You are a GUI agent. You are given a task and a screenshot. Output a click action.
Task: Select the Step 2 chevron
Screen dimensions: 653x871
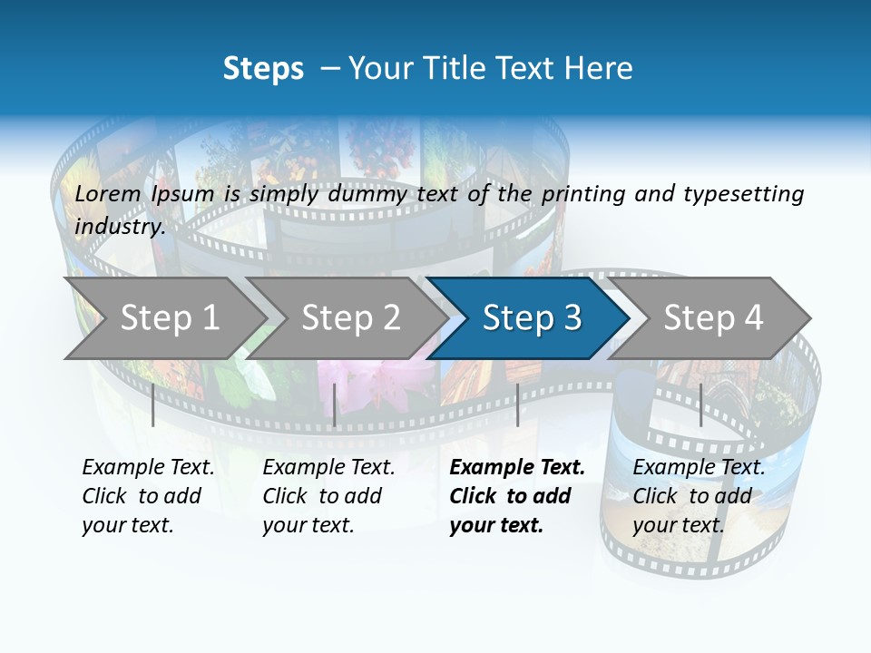(x=350, y=317)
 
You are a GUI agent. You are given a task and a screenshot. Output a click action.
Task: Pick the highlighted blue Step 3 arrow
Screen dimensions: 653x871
(x=532, y=317)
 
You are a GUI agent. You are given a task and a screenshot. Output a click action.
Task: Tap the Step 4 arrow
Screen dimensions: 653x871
(x=713, y=317)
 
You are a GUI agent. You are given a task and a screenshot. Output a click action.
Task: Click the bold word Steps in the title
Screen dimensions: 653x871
(x=263, y=68)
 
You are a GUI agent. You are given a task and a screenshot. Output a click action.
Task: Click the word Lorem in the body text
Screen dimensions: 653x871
(x=108, y=193)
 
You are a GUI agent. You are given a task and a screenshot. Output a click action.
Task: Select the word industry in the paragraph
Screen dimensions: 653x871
(x=119, y=226)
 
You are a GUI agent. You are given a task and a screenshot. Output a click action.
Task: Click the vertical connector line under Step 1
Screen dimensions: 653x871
(x=153, y=404)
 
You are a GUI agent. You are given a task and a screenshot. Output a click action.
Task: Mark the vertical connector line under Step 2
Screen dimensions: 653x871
(x=335, y=404)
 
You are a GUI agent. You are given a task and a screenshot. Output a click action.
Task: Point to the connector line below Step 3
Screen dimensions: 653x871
(x=517, y=404)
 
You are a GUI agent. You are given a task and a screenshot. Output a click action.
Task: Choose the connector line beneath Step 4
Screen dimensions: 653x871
(x=700, y=404)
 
